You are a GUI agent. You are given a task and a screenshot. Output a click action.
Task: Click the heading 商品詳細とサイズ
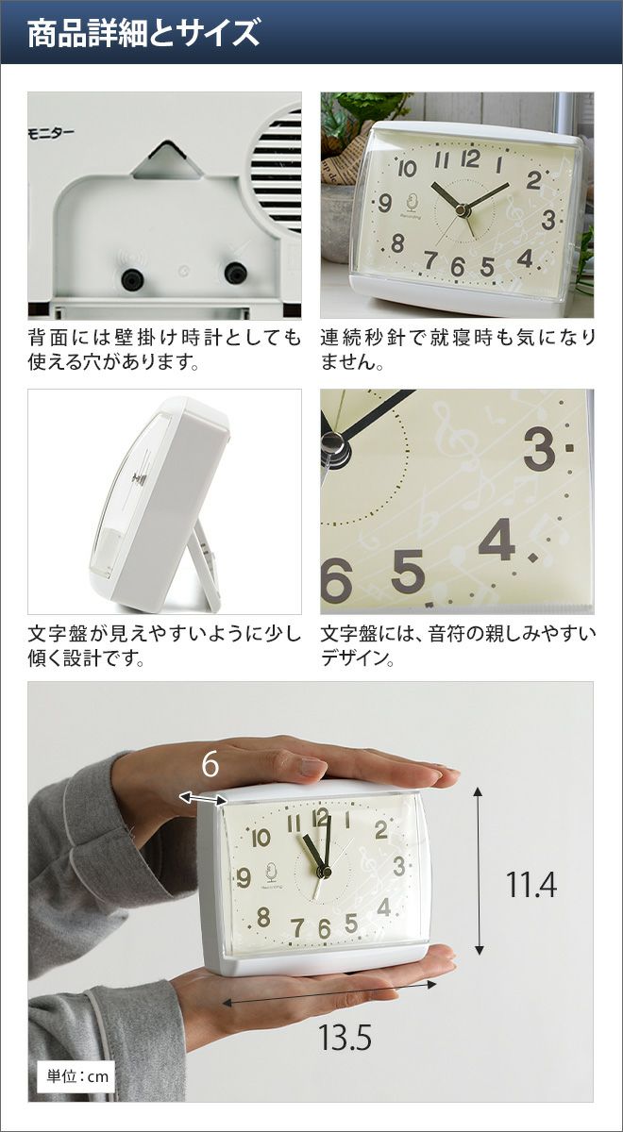pyautogui.click(x=143, y=33)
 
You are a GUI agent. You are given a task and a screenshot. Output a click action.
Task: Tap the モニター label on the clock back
pyautogui.click(x=51, y=133)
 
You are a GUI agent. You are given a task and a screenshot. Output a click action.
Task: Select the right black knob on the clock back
pyautogui.click(x=236, y=273)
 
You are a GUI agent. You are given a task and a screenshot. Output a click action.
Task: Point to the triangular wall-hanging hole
pyautogui.click(x=166, y=160)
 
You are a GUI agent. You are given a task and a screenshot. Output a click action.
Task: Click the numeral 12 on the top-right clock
pyautogui.click(x=469, y=158)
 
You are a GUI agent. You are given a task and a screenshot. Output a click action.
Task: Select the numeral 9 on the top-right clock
pyautogui.click(x=385, y=203)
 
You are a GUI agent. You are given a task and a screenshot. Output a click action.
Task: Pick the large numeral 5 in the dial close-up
pyautogui.click(x=408, y=572)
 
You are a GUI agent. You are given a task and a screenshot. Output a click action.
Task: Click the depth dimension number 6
pyautogui.click(x=210, y=765)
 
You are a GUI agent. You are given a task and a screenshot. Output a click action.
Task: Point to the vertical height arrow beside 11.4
pyautogui.click(x=479, y=870)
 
